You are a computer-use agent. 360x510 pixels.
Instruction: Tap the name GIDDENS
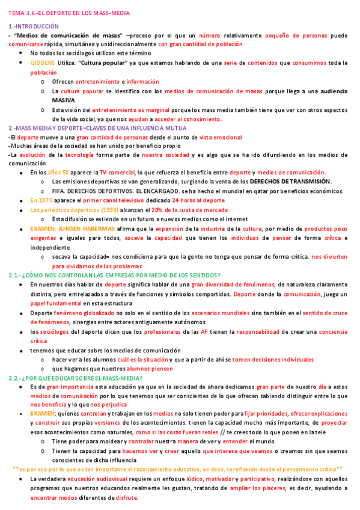point(43,63)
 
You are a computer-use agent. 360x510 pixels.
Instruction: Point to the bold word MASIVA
point(63,99)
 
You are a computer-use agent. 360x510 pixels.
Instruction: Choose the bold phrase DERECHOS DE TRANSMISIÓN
point(290,182)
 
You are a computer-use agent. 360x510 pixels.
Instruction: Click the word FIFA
point(59,191)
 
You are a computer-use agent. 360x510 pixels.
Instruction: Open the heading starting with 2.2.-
point(75,378)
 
